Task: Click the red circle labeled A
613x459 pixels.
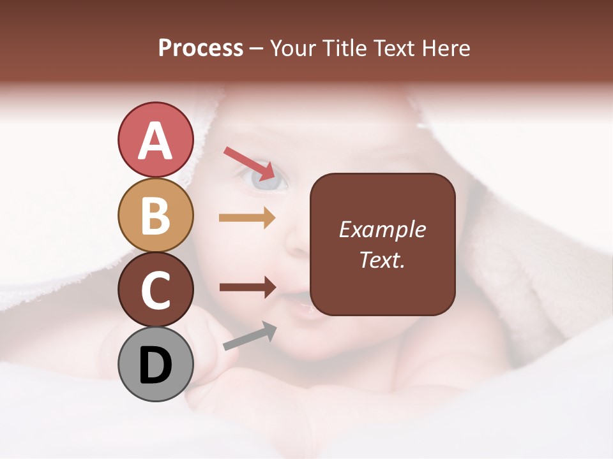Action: tap(155, 140)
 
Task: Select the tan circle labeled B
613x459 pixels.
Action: tap(155, 215)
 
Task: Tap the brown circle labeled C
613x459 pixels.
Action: tap(155, 289)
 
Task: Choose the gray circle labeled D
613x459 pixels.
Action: tap(155, 364)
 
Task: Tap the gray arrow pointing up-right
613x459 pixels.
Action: tap(250, 336)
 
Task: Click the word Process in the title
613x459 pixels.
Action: tap(201, 48)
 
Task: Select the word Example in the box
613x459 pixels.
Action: tap(382, 229)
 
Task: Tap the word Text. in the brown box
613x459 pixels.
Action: tap(382, 259)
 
